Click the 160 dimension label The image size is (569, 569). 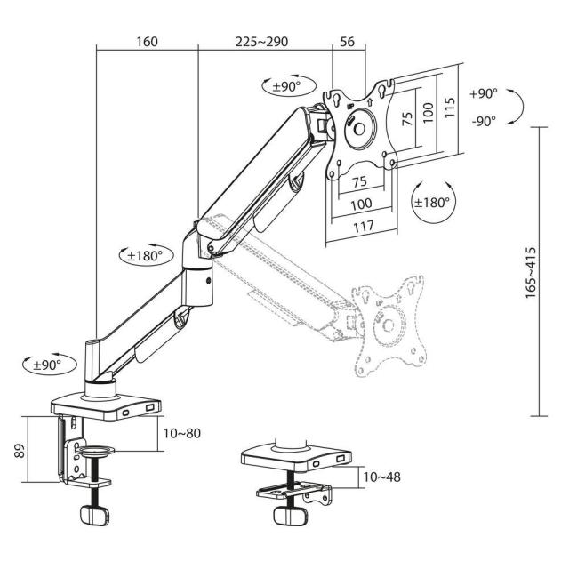click(x=148, y=42)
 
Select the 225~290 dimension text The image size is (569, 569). click(x=262, y=42)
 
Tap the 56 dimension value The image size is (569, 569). click(x=348, y=42)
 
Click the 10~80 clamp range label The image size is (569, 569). click(x=181, y=433)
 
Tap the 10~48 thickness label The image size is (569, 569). click(x=381, y=477)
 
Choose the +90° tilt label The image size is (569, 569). click(x=485, y=92)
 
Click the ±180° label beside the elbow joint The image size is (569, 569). click(x=145, y=255)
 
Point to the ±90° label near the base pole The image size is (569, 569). click(x=47, y=365)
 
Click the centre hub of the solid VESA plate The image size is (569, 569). click(x=361, y=127)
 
